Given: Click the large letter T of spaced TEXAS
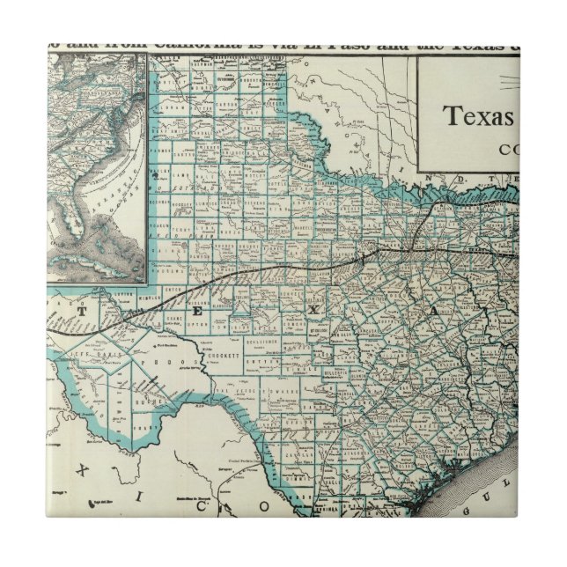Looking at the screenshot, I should [x=85, y=310].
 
